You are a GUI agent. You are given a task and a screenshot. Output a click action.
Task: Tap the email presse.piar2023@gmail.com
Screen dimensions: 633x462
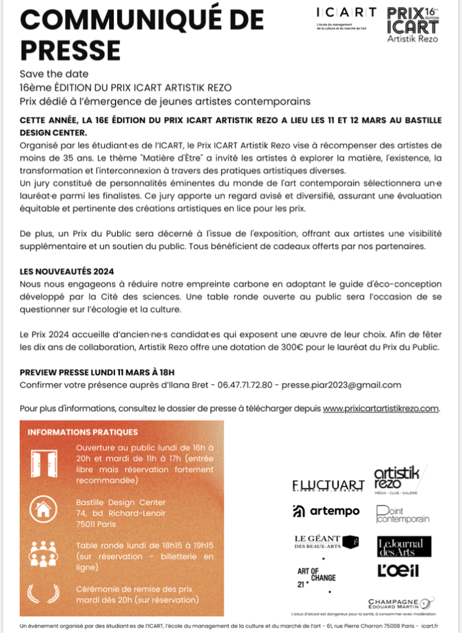click(x=341, y=385)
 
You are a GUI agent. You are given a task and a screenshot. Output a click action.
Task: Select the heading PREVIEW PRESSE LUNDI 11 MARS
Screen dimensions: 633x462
click(x=97, y=372)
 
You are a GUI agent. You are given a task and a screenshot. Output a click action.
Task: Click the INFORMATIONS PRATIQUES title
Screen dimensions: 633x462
click(x=82, y=432)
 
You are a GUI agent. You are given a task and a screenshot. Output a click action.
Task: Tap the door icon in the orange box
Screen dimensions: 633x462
click(x=44, y=463)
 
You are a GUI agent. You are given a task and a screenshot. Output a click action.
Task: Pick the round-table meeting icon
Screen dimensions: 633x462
click(x=44, y=553)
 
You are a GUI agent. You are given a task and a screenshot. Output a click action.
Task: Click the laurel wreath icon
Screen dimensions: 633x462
click(x=44, y=593)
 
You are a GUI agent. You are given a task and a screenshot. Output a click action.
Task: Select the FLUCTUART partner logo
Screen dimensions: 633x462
click(x=328, y=484)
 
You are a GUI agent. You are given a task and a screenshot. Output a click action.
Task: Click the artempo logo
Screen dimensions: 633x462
click(x=326, y=510)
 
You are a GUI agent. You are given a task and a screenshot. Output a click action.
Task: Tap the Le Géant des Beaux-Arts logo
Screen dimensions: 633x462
click(x=325, y=542)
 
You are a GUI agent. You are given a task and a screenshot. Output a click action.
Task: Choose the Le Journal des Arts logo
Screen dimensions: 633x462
click(x=404, y=546)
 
